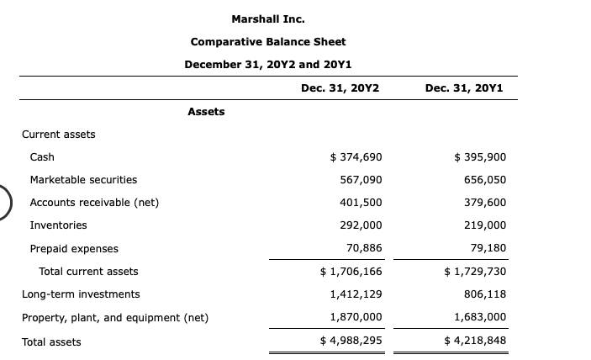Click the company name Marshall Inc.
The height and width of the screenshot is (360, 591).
(x=268, y=19)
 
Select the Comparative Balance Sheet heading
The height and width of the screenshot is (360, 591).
(x=268, y=42)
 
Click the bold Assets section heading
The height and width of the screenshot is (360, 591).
(x=206, y=111)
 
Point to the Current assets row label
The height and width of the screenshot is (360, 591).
(x=59, y=134)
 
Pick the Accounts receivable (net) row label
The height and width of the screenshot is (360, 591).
(x=94, y=203)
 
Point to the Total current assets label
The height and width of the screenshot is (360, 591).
(x=88, y=272)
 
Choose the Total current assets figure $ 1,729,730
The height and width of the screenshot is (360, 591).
(x=474, y=272)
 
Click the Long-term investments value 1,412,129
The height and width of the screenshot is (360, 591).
(x=356, y=294)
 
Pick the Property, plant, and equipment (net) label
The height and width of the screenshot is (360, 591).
(x=115, y=317)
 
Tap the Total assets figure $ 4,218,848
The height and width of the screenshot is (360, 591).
(x=474, y=341)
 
